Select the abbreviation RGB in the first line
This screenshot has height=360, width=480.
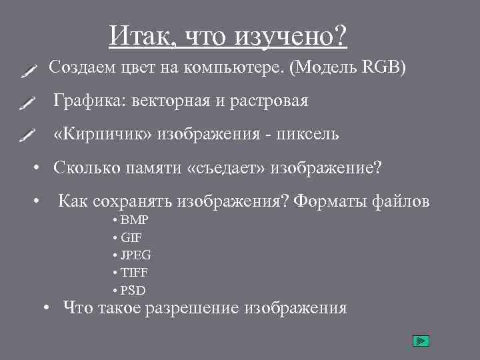point(379,67)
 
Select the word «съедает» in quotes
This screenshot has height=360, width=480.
point(227,167)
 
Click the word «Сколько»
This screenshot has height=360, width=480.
point(86,167)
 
